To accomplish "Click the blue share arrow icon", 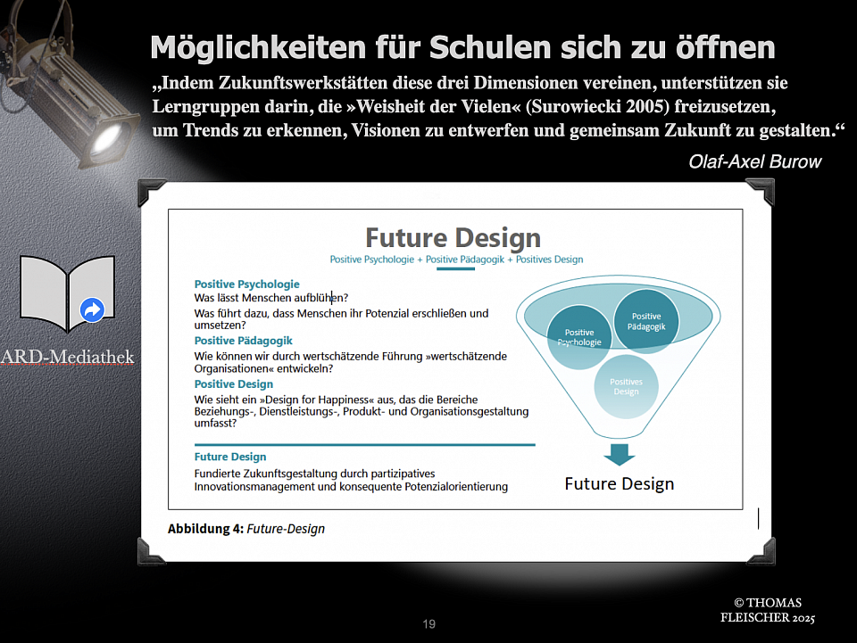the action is coord(92,310).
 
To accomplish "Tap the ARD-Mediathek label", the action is coord(67,357).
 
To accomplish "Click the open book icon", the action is coord(67,293).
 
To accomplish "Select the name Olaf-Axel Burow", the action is coord(755,161).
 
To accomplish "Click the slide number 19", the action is coord(429,624).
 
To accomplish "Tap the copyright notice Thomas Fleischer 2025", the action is coord(768,610).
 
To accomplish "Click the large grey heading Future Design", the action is coord(453,238).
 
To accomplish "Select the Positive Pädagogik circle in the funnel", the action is coord(646,321).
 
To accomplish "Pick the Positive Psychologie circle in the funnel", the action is coord(579,337).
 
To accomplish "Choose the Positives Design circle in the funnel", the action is coord(626,386).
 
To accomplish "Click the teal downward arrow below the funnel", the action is coord(620,455).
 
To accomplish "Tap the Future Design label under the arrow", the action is coord(620,483).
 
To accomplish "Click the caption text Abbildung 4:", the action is coord(205,528).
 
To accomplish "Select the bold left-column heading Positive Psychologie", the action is coord(247,284).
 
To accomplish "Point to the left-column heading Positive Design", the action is coord(233,383).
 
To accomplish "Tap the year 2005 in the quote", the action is coord(645,106).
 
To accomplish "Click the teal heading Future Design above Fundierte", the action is coord(230,457).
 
